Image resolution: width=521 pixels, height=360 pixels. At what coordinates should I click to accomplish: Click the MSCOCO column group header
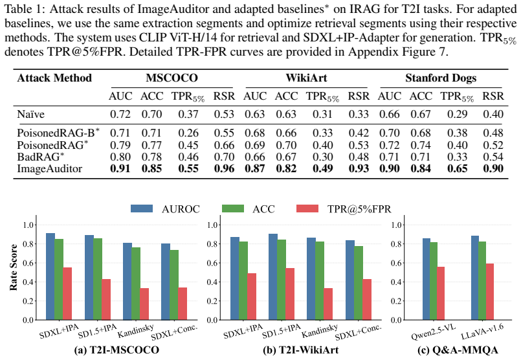pyautogui.click(x=172, y=78)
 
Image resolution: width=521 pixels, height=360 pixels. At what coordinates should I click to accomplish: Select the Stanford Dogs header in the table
pyautogui.click(x=441, y=78)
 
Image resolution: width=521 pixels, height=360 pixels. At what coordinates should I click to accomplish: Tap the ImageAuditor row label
pyautogui.click(x=49, y=168)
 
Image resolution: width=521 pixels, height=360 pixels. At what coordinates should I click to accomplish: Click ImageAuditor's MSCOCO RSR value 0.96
pyautogui.click(x=224, y=168)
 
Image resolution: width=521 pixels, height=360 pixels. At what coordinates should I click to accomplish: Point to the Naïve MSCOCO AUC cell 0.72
pyautogui.click(x=120, y=114)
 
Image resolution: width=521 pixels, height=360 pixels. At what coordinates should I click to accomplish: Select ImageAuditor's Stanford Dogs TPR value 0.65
pyautogui.click(x=457, y=168)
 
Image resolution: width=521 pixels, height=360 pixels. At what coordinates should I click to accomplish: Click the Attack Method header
pyautogui.click(x=54, y=78)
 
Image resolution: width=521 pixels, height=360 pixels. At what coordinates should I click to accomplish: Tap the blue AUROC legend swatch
pyautogui.click(x=142, y=208)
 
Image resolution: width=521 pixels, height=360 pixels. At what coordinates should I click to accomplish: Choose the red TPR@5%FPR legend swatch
pyautogui.click(x=307, y=208)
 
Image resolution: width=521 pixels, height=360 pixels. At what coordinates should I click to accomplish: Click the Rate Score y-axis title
pyautogui.click(x=14, y=267)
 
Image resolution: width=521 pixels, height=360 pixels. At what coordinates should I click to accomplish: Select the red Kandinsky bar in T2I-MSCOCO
pyautogui.click(x=144, y=304)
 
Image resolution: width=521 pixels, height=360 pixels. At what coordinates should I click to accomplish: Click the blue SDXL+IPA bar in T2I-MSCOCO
pyautogui.click(x=50, y=276)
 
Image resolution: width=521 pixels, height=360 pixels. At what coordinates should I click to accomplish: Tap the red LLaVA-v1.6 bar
pyautogui.click(x=490, y=291)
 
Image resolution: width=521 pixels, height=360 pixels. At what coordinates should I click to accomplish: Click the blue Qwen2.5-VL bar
pyautogui.click(x=427, y=279)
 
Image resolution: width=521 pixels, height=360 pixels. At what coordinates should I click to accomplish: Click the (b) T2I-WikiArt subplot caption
pyautogui.click(x=301, y=350)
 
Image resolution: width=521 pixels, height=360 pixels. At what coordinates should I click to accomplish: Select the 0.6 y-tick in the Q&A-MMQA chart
pyautogui.click(x=397, y=263)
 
